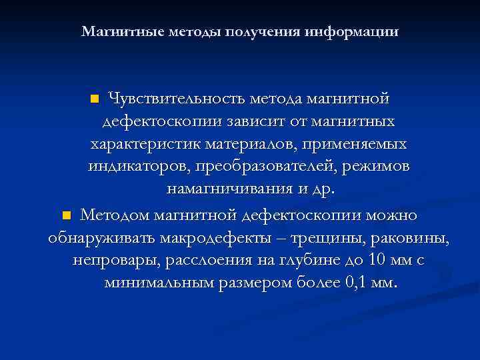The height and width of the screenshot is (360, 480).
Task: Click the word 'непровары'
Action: click(x=111, y=261)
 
